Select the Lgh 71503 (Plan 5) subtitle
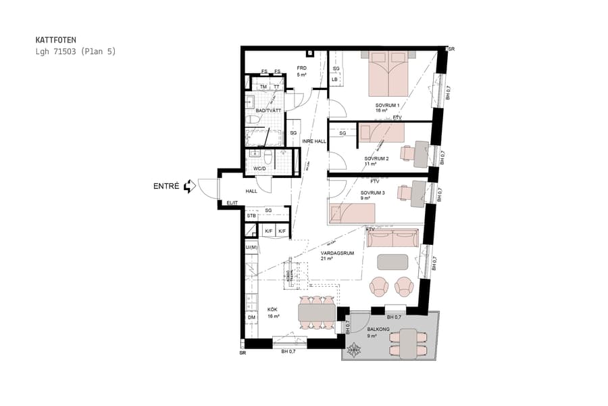(x=76, y=51)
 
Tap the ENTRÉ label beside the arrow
(x=167, y=185)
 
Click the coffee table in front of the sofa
(x=392, y=261)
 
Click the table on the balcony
(x=408, y=342)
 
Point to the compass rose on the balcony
(x=354, y=349)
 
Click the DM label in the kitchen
(x=251, y=318)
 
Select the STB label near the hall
(x=251, y=216)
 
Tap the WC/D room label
(x=259, y=168)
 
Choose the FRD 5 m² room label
(x=302, y=72)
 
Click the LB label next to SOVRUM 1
(x=334, y=80)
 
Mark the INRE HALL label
(x=314, y=141)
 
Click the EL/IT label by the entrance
(x=232, y=202)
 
